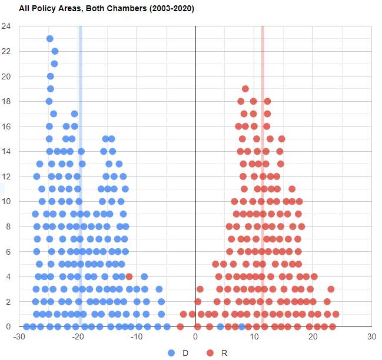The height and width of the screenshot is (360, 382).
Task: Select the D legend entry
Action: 171,352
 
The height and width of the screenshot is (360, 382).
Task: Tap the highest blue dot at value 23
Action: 50,39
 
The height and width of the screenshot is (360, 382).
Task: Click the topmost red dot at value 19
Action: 245,89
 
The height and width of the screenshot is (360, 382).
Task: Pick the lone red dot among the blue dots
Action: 129,276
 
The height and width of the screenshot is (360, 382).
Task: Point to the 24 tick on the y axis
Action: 6,26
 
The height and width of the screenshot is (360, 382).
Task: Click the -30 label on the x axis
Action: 19,337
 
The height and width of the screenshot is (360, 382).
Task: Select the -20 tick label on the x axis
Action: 78,337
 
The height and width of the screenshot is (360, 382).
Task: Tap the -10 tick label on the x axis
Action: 137,337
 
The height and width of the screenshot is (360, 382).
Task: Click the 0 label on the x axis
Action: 195,337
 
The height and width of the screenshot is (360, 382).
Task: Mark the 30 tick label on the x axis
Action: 371,337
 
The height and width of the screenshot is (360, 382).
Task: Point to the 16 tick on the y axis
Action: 6,126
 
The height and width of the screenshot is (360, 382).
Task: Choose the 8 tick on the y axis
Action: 7,226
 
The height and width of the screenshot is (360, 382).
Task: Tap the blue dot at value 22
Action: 55,51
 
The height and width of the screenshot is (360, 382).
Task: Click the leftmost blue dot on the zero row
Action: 26,326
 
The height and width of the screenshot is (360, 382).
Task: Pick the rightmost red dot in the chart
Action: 336,314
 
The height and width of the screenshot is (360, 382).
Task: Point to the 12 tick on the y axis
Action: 6,176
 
